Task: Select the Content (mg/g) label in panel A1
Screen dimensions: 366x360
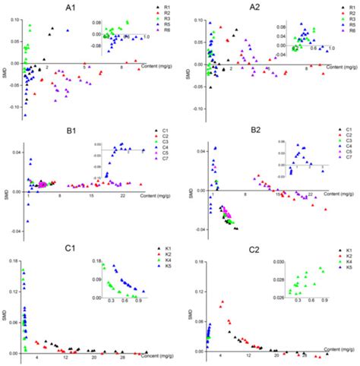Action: [154, 69]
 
